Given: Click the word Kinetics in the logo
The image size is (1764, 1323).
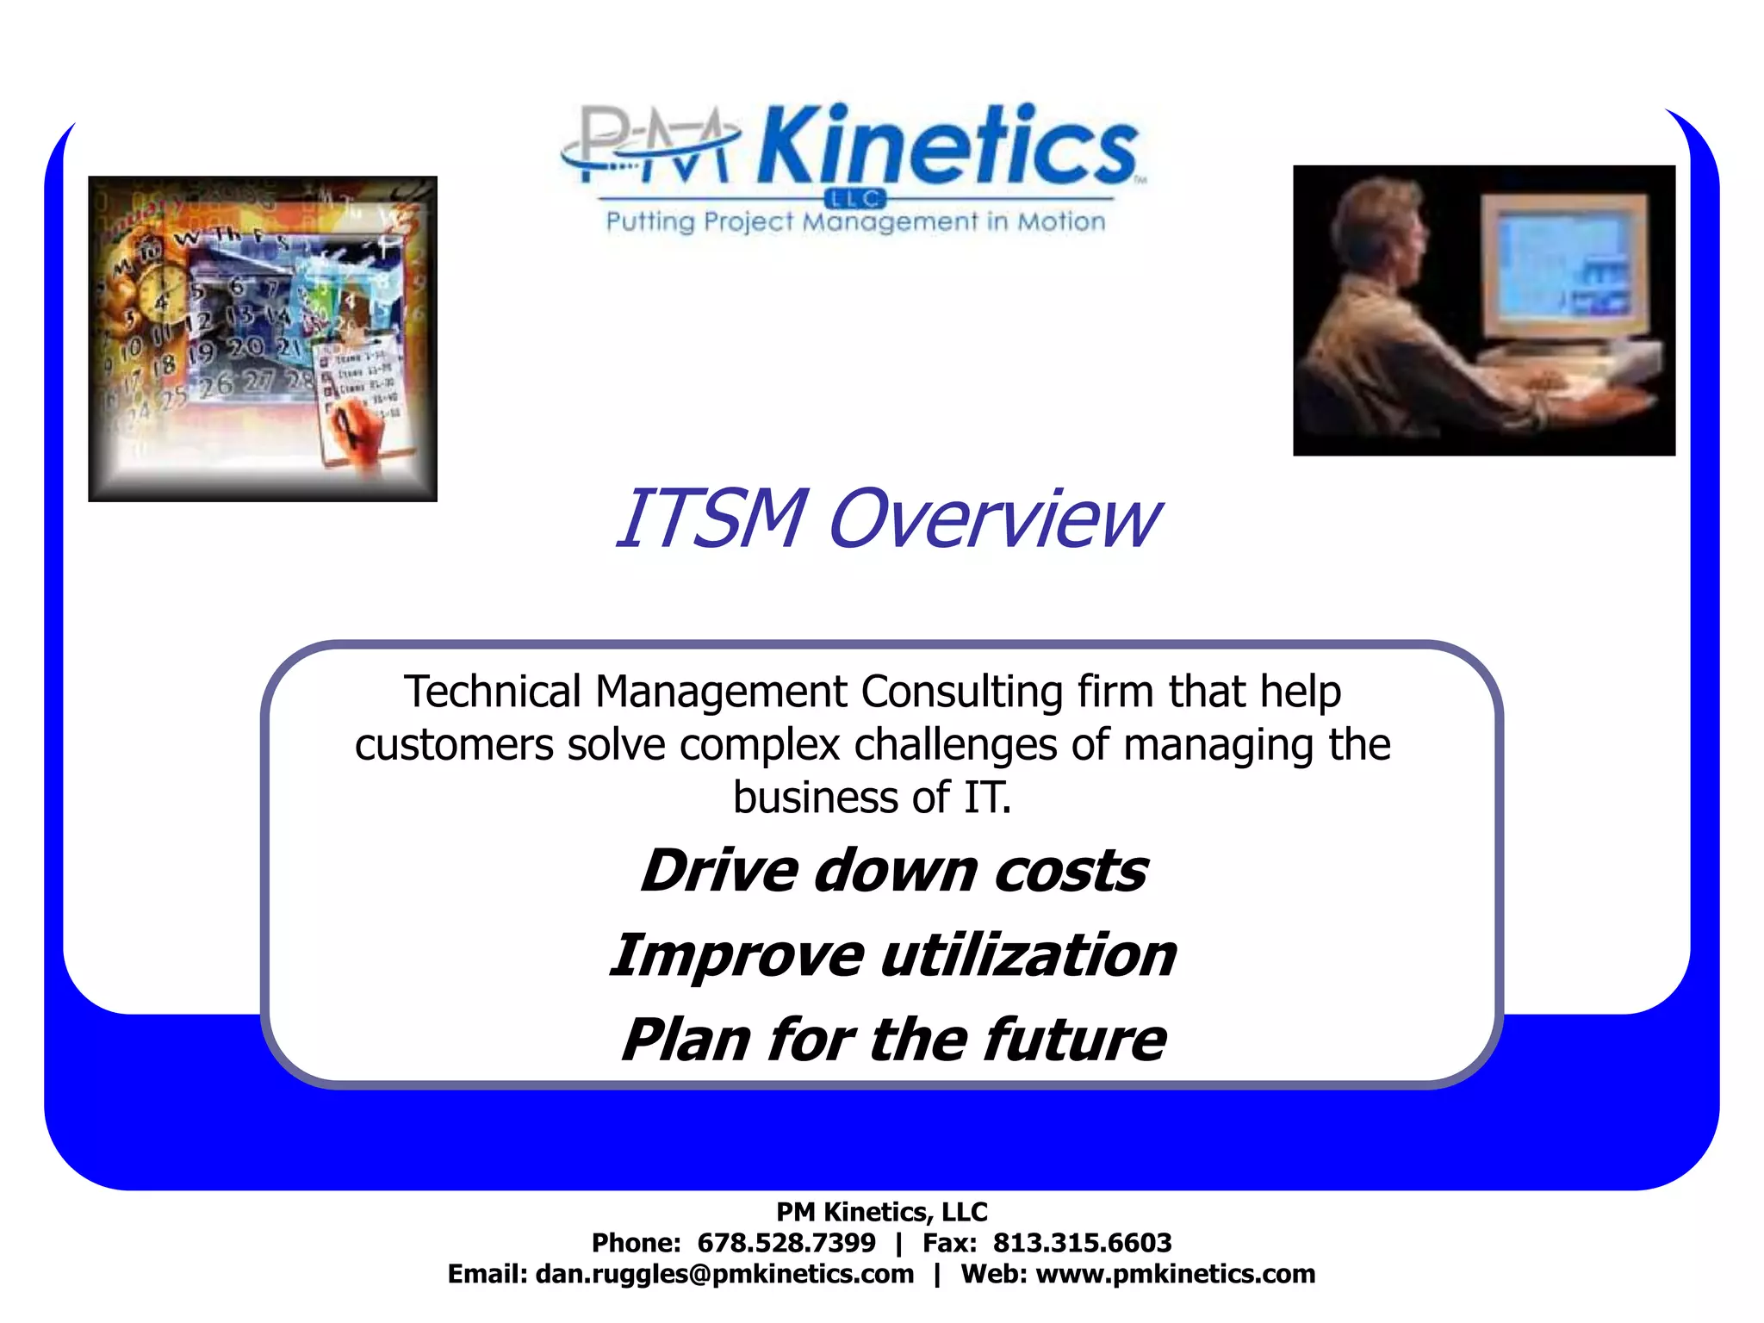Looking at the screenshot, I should point(947,146).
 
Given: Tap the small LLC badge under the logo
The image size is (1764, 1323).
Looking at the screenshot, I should point(855,199).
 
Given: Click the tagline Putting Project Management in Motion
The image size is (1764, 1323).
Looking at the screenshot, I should point(855,222).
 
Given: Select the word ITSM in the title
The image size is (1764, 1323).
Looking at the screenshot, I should point(711,519).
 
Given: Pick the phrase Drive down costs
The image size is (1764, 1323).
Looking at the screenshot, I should point(893,871).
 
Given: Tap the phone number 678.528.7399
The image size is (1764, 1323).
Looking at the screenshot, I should point(786,1243).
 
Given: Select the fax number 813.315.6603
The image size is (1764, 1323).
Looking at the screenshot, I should point(1082,1243).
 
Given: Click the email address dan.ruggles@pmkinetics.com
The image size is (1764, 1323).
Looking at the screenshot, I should point(724,1274).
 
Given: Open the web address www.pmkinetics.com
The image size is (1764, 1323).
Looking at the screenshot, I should point(1175,1274).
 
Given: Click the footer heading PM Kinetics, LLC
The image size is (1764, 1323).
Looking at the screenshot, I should point(881,1212).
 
